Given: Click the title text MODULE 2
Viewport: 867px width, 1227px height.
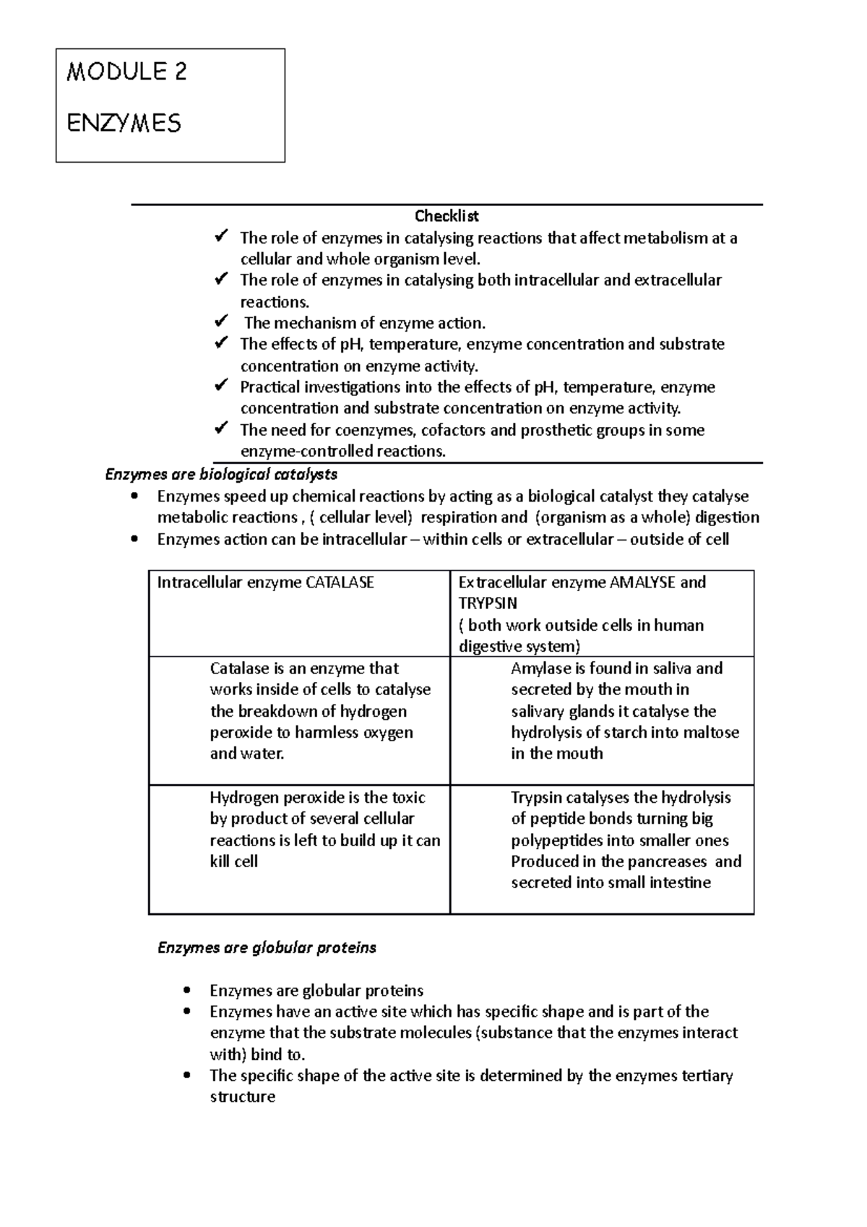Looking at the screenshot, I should click(x=126, y=72).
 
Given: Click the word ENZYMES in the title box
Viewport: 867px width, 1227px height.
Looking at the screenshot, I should click(x=124, y=123).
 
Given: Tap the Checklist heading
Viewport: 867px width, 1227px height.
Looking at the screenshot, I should click(x=446, y=216).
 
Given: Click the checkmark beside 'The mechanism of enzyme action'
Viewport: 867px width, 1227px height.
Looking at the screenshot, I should click(x=222, y=322).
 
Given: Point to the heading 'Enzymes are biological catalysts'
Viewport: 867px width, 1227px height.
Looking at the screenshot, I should click(x=221, y=475).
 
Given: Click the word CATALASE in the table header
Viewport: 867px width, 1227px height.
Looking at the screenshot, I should click(x=340, y=582).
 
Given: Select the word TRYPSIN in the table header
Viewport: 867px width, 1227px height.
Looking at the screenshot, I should click(x=488, y=603).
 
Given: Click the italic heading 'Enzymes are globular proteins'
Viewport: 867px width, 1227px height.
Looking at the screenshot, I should click(x=267, y=947).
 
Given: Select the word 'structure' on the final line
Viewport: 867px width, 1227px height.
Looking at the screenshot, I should click(x=243, y=1097).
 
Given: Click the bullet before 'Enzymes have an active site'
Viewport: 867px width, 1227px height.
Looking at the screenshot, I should click(x=186, y=1012).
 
